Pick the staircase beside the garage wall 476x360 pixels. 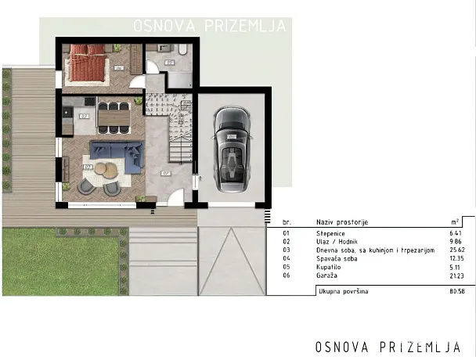point(179,128)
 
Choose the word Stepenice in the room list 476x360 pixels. point(332,233)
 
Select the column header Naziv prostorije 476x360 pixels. point(342,222)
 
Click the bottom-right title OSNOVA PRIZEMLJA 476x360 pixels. point(388,345)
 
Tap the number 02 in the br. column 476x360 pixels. point(286,241)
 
